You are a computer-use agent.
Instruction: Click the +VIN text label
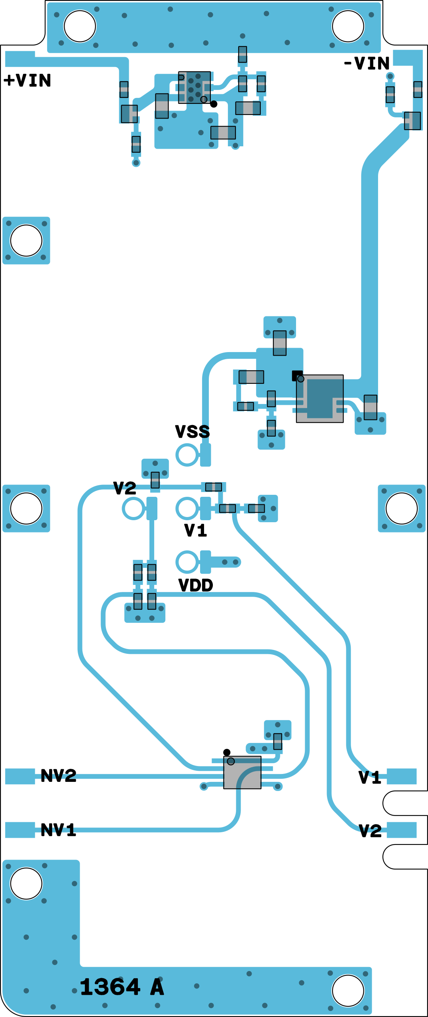point(27,80)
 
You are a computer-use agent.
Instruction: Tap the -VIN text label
point(367,63)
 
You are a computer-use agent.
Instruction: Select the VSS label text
point(193,431)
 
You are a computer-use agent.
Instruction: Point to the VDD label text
point(196,585)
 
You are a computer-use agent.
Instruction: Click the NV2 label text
point(58,776)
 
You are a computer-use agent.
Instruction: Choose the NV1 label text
point(58,830)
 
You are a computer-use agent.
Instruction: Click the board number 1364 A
point(122,987)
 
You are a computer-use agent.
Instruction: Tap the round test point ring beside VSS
point(187,455)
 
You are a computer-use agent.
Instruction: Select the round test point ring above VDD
point(187,562)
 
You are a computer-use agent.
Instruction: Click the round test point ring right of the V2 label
point(134,508)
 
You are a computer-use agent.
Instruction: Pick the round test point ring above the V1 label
point(187,508)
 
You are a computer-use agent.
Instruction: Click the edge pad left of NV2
point(20,776)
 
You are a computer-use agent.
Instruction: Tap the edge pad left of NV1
point(20,830)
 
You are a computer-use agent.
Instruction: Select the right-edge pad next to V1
point(401,776)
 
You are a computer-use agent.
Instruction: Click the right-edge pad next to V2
point(401,830)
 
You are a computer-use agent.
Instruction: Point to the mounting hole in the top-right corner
point(348,26)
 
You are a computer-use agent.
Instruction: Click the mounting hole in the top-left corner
point(80,26)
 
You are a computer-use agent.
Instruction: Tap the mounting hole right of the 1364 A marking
point(348,990)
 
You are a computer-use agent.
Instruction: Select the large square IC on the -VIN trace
point(320,398)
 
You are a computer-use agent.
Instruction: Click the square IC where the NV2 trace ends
point(242,772)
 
